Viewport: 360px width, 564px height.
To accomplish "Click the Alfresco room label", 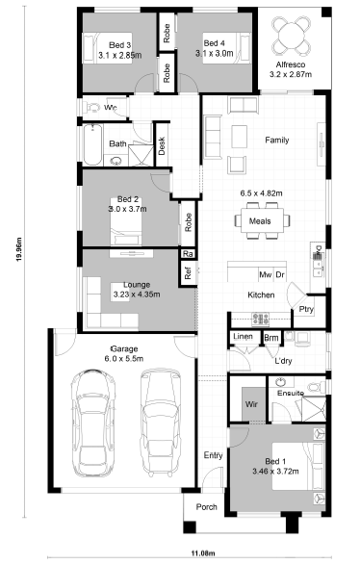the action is click(291, 64).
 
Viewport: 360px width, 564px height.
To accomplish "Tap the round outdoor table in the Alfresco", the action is click(292, 36).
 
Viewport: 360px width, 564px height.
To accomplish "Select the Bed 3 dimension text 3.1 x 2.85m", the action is click(119, 56).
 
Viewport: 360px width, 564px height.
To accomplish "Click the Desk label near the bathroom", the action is click(162, 145).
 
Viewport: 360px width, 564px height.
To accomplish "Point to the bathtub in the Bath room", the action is click(92, 144).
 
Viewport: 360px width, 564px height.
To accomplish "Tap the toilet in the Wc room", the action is click(91, 107).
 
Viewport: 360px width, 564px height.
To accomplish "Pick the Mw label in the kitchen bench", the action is click(266, 275).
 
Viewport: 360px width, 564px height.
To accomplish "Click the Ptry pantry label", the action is click(306, 309).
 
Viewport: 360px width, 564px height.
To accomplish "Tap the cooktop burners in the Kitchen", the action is click(261, 319).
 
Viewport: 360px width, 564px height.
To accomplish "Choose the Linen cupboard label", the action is click(244, 337).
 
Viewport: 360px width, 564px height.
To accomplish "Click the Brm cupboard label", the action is click(271, 338).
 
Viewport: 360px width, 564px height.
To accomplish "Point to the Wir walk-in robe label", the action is click(251, 404).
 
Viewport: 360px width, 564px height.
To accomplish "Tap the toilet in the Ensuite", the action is click(317, 387).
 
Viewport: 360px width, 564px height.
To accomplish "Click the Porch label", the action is click(206, 507).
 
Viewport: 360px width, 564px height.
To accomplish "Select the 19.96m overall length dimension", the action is click(19, 249).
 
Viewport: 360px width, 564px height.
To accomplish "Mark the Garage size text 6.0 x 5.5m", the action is click(124, 359).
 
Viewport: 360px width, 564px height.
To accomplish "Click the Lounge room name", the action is click(137, 285).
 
